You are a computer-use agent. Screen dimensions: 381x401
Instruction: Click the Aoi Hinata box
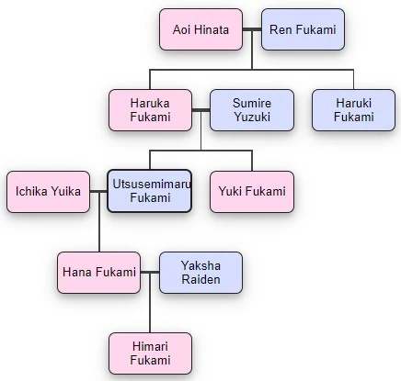coord(200,30)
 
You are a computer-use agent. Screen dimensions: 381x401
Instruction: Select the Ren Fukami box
coord(303,30)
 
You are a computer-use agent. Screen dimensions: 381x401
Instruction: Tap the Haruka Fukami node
coord(150,109)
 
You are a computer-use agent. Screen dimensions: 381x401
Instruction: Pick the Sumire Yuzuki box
coord(252,109)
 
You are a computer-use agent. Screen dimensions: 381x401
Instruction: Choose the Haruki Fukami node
coord(353,109)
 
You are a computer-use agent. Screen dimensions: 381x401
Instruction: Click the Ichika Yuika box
coord(48,191)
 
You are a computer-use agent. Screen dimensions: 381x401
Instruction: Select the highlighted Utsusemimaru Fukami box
coord(150,191)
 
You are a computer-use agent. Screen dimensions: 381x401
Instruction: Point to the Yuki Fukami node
coord(252,191)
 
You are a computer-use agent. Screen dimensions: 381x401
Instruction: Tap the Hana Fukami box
coord(99,272)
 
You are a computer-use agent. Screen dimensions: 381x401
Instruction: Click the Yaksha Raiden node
coord(200,272)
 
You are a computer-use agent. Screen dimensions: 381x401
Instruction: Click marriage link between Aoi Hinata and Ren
coord(252,30)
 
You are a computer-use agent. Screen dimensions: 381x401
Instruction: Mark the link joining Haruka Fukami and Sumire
coord(200,110)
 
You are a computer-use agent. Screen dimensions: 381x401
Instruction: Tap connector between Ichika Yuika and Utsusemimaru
coord(99,191)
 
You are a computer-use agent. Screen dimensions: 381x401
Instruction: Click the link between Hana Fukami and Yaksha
coord(150,273)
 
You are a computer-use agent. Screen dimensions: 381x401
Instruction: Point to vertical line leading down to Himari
coord(150,312)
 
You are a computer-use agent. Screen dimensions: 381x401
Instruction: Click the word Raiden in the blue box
coord(200,279)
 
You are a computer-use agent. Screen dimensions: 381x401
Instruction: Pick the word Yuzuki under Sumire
coord(252,117)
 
